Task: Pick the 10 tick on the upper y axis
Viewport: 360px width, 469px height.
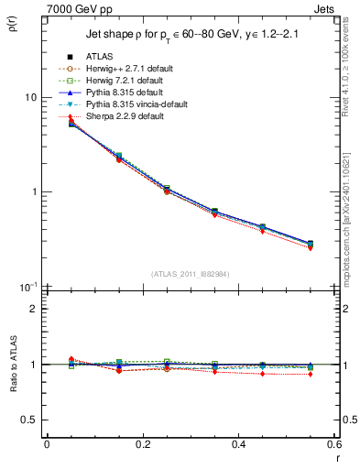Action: pyautogui.click(x=29, y=97)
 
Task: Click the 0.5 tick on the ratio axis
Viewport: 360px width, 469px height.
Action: pyautogui.click(x=27, y=420)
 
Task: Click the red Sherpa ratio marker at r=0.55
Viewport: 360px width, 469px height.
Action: pyautogui.click(x=310, y=375)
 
